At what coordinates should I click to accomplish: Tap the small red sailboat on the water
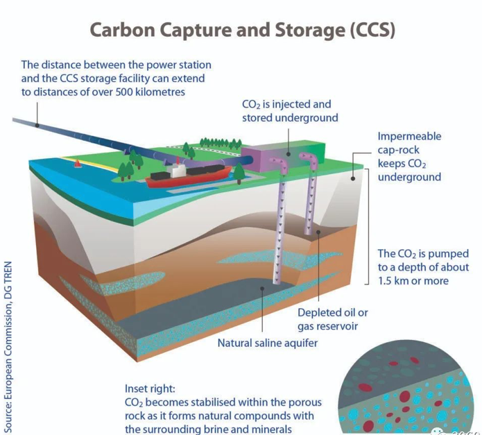pos(78,164)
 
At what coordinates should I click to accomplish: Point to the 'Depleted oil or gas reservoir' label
pos(333,319)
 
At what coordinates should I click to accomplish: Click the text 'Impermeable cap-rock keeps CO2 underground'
pos(409,157)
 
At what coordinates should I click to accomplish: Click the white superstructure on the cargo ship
pos(178,168)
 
